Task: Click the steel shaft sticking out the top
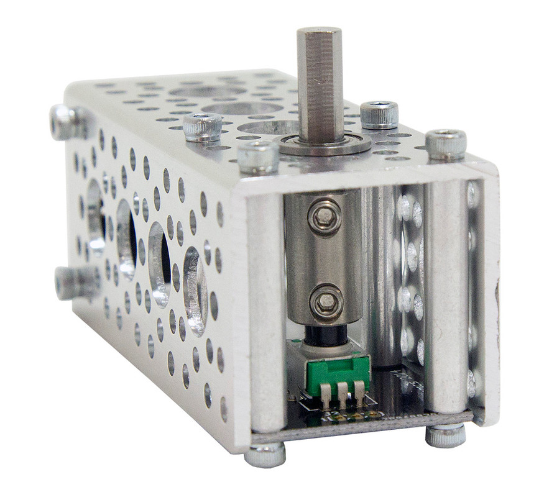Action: coord(319,81)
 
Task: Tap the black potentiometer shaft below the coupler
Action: coord(325,335)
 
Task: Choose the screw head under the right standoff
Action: coord(445,435)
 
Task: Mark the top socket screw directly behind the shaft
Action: coord(379,114)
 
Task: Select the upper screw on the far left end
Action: coord(67,122)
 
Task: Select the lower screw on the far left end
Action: coord(71,283)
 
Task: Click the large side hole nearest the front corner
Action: coord(195,292)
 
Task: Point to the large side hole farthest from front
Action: coord(95,217)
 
